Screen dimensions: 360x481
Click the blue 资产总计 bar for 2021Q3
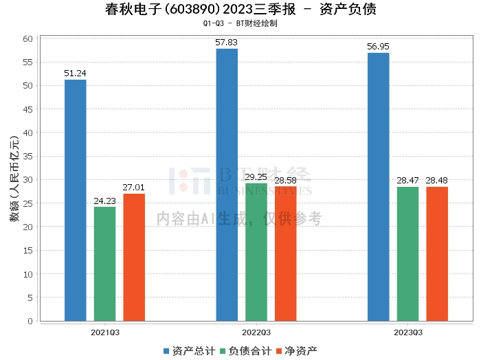tap(76, 200)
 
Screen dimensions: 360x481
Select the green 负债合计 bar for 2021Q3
tap(104, 264)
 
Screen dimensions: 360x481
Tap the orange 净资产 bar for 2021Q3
tap(134, 257)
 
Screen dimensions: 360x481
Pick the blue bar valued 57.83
tap(227, 185)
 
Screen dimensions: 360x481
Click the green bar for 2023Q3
tap(407, 254)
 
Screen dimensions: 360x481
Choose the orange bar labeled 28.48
tap(437, 254)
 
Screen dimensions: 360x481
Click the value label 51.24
tap(76, 73)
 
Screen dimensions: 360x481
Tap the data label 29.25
tap(256, 177)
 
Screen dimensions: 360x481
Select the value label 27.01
tap(134, 187)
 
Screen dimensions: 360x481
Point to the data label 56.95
tap(379, 46)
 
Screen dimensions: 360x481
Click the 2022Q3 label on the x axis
tap(256, 332)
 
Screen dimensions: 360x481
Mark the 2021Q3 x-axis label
tap(105, 332)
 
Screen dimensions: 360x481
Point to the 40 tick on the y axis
tap(28, 133)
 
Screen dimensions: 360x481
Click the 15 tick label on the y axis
tap(28, 250)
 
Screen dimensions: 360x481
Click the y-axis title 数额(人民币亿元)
tap(12, 180)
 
